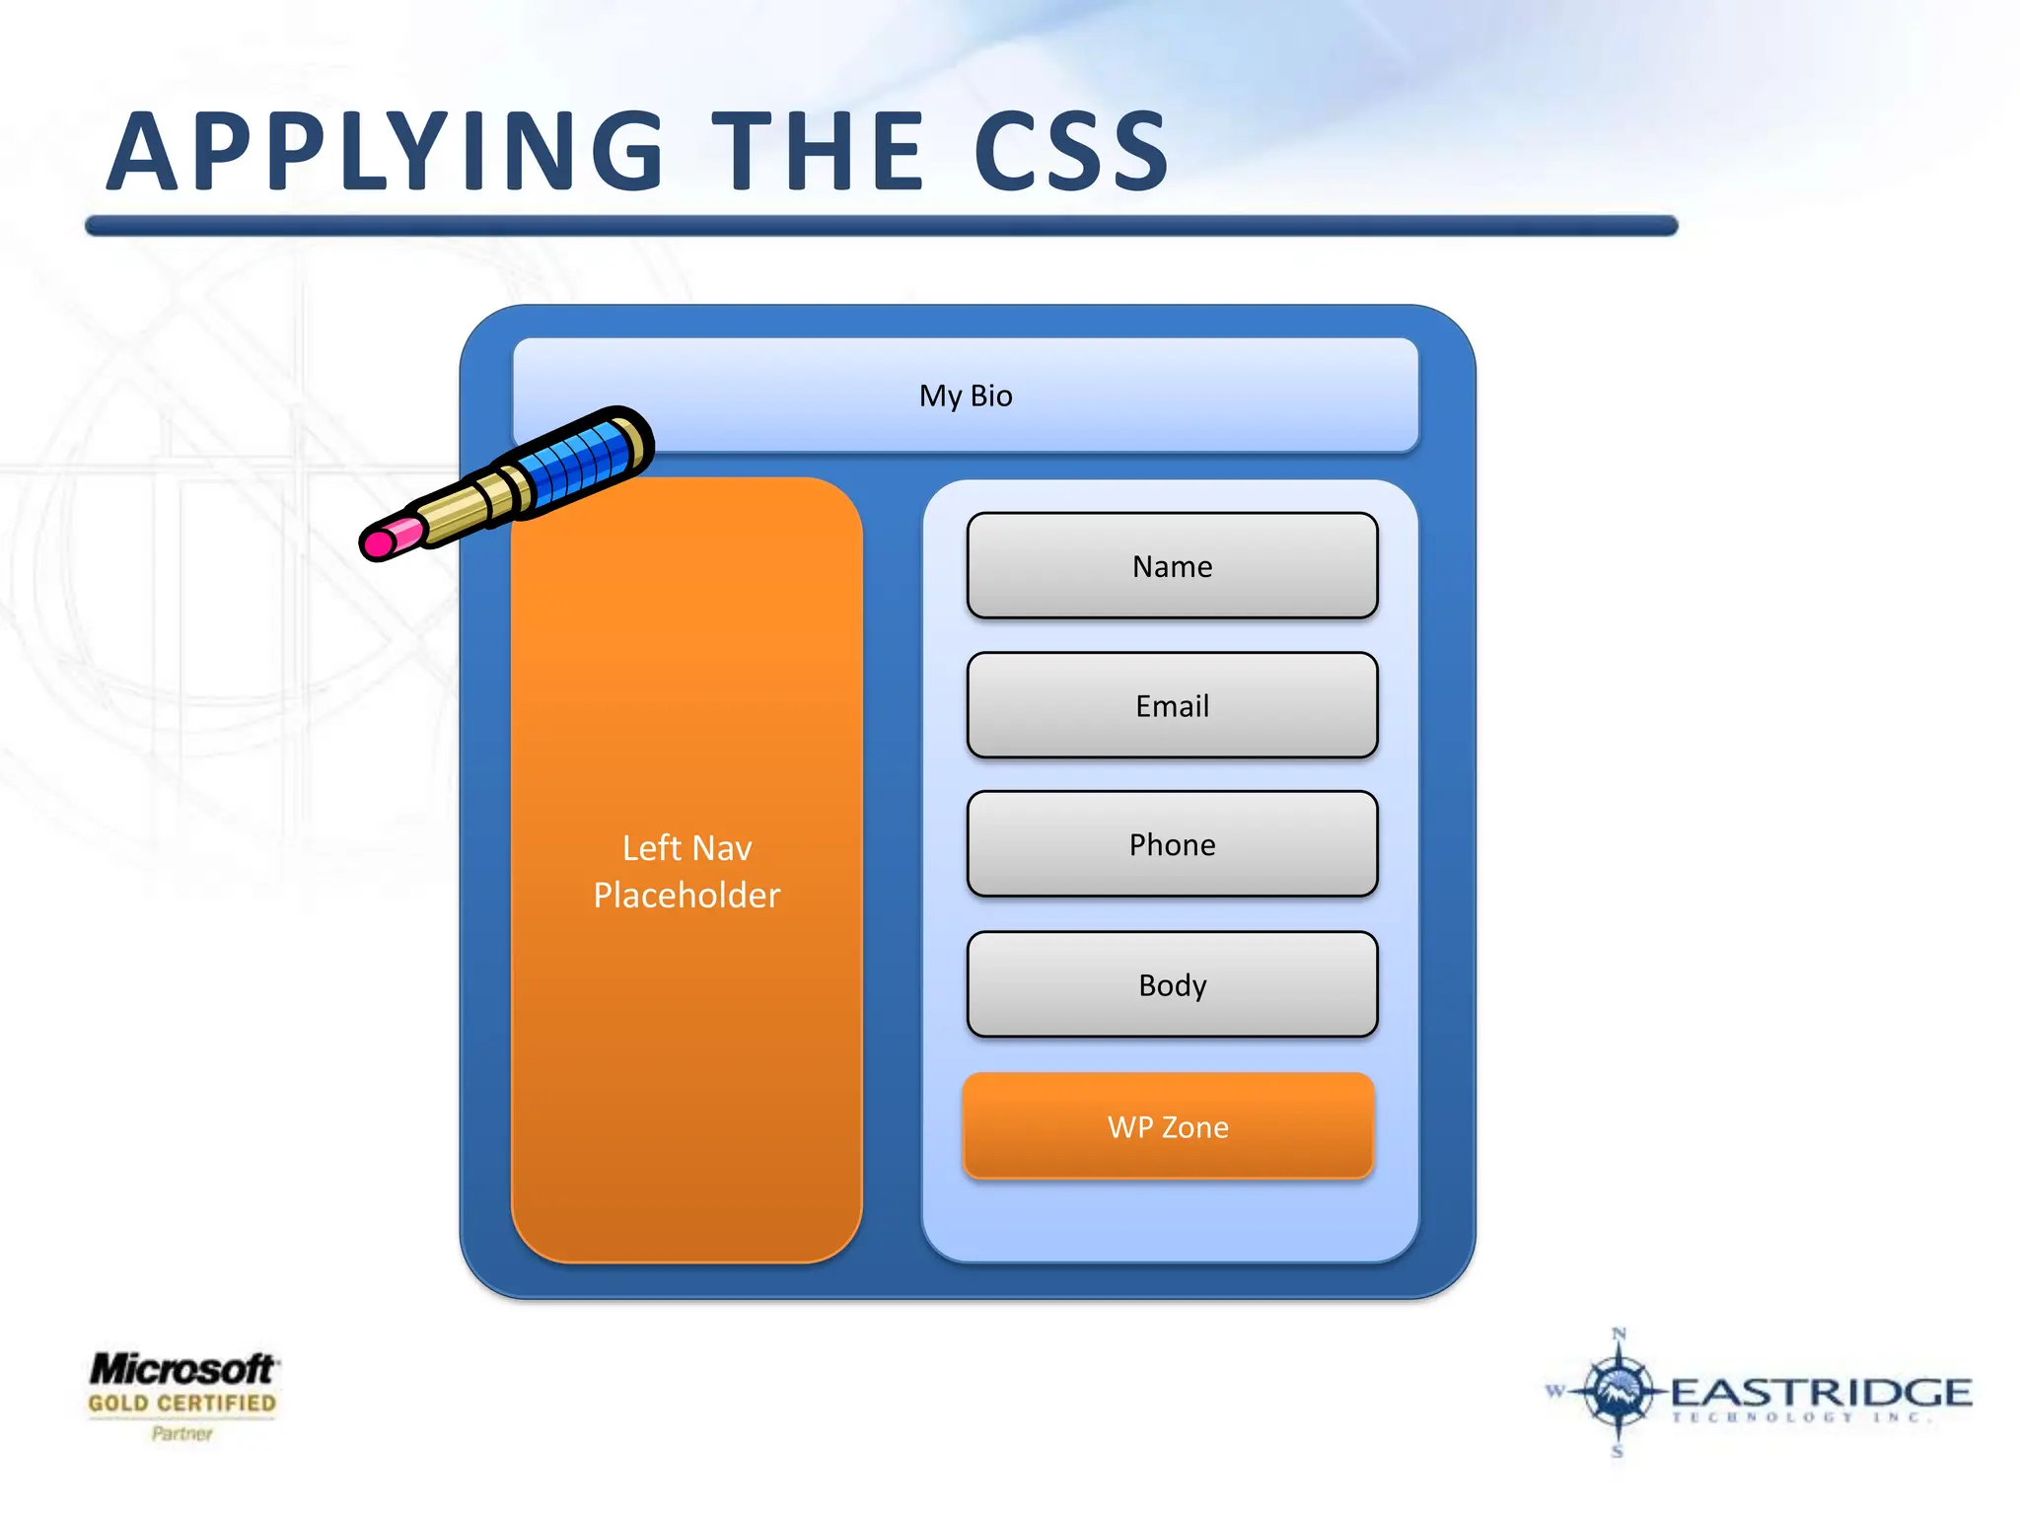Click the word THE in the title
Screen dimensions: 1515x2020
818,153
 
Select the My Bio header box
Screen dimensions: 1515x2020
966,396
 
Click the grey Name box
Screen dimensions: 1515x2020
1172,566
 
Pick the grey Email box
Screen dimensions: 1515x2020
1172,706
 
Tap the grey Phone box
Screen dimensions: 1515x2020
1172,844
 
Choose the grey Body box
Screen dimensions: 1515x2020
1172,984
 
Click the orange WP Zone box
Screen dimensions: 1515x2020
1168,1126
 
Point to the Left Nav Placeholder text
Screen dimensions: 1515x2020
686,871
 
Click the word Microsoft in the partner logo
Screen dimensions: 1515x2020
182,1369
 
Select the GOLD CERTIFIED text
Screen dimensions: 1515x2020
182,1404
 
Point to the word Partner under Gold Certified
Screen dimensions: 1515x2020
182,1433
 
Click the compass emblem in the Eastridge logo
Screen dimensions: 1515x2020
1617,1391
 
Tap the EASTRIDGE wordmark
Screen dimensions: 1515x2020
1821,1393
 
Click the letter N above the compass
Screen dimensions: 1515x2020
1619,1335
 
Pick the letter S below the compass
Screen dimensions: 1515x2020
1618,1451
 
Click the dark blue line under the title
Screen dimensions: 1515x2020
881,226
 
